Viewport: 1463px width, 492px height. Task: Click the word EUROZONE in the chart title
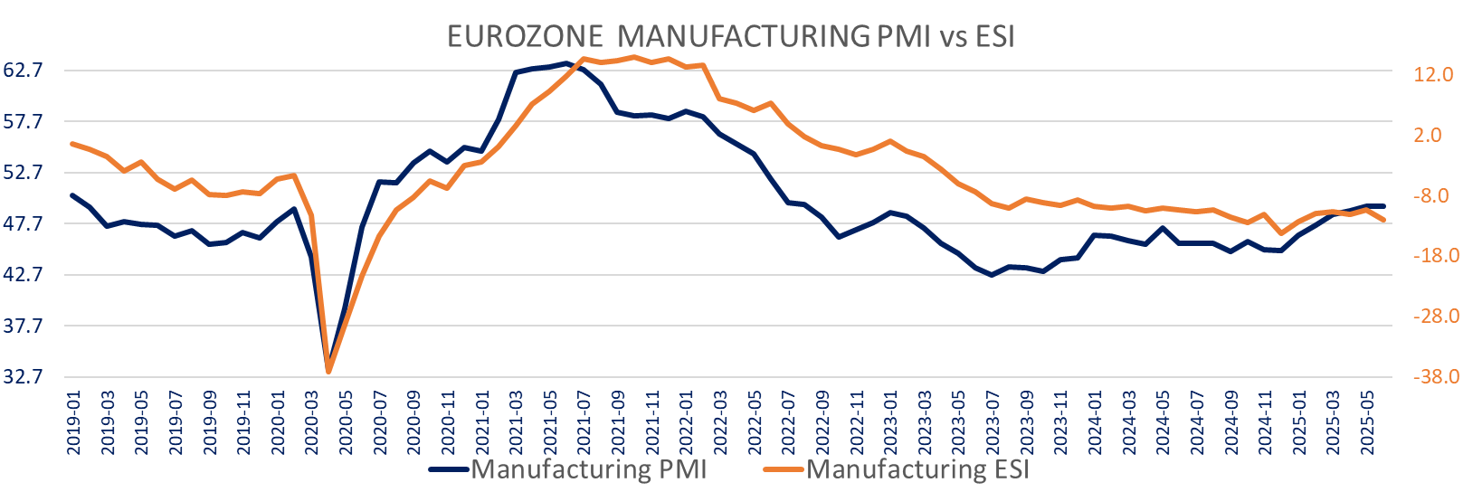526,36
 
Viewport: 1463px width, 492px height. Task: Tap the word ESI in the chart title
994,36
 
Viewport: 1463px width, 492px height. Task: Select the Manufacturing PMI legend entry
588,469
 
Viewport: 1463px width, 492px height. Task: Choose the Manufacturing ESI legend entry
917,469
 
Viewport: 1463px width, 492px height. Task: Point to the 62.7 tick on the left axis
24,71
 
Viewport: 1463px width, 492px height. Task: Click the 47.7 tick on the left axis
24,223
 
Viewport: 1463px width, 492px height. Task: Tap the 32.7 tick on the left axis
24,377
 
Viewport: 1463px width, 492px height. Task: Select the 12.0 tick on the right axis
1433,75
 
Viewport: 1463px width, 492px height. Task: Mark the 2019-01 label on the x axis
73,420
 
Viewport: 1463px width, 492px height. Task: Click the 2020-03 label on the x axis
312,420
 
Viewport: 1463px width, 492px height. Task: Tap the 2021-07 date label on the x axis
584,420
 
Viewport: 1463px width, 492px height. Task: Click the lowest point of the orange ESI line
328,372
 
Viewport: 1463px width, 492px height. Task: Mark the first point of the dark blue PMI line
72,195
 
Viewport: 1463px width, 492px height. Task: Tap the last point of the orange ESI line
1383,220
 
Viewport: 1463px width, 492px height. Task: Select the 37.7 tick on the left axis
24,326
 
